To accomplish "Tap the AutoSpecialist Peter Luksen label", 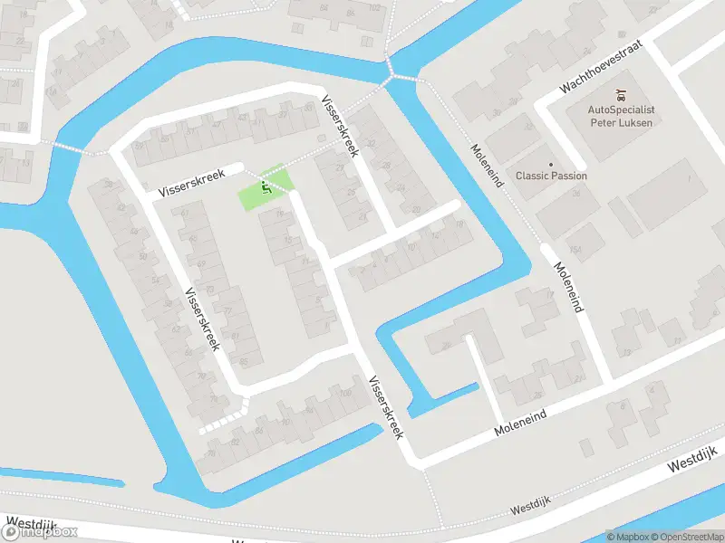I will coord(622,116).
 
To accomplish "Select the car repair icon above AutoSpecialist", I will coord(622,94).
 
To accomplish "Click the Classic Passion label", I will coord(551,176).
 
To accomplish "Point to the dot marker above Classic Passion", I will coord(551,165).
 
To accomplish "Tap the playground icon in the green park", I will coord(265,186).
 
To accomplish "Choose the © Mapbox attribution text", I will coord(629,537).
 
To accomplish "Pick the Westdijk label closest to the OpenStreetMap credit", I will coord(692,458).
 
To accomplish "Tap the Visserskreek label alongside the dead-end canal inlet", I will coord(386,407).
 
